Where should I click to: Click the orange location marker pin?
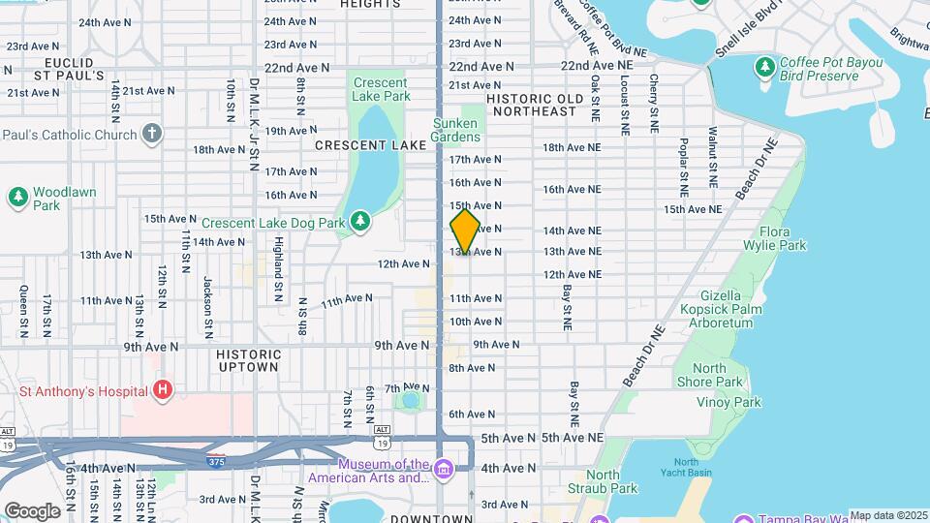(465, 231)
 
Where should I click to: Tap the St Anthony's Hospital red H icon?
(164, 390)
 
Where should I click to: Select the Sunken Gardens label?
(455, 130)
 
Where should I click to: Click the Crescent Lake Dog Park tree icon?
(360, 222)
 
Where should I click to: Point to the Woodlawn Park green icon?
(17, 198)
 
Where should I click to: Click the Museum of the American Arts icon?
(444, 470)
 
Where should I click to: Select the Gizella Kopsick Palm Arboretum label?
(718, 309)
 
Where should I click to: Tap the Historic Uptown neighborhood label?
(249, 360)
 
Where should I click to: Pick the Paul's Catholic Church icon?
(151, 133)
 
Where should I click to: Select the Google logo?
(32, 510)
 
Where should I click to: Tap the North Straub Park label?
(604, 481)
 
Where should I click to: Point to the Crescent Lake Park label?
(382, 89)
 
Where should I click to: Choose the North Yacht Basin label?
(686, 469)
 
